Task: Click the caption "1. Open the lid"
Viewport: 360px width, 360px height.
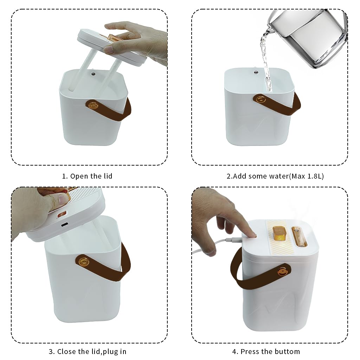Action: (x=87, y=176)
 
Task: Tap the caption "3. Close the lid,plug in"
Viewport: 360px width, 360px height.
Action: (x=88, y=352)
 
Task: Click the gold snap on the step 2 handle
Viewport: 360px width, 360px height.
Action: (x=261, y=99)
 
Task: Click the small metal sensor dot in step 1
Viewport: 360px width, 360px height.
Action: (x=94, y=74)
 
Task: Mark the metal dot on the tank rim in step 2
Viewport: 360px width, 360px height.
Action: (x=256, y=72)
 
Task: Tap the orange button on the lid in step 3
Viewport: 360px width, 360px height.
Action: (x=62, y=214)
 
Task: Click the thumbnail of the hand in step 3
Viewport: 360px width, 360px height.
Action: (x=63, y=199)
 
